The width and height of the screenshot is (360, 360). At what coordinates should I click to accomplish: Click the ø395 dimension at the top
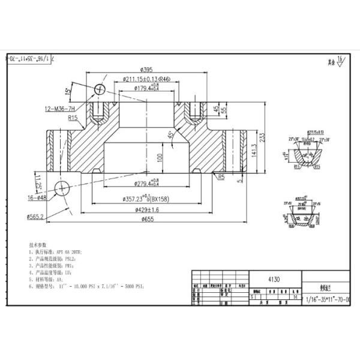pyautogui.click(x=147, y=70)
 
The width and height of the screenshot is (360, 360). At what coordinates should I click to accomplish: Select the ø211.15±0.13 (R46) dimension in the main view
pyautogui.click(x=146, y=79)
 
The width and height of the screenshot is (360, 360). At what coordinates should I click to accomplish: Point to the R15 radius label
pyautogui.click(x=74, y=119)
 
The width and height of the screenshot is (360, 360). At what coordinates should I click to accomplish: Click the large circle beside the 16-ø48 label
pyautogui.click(x=62, y=188)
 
